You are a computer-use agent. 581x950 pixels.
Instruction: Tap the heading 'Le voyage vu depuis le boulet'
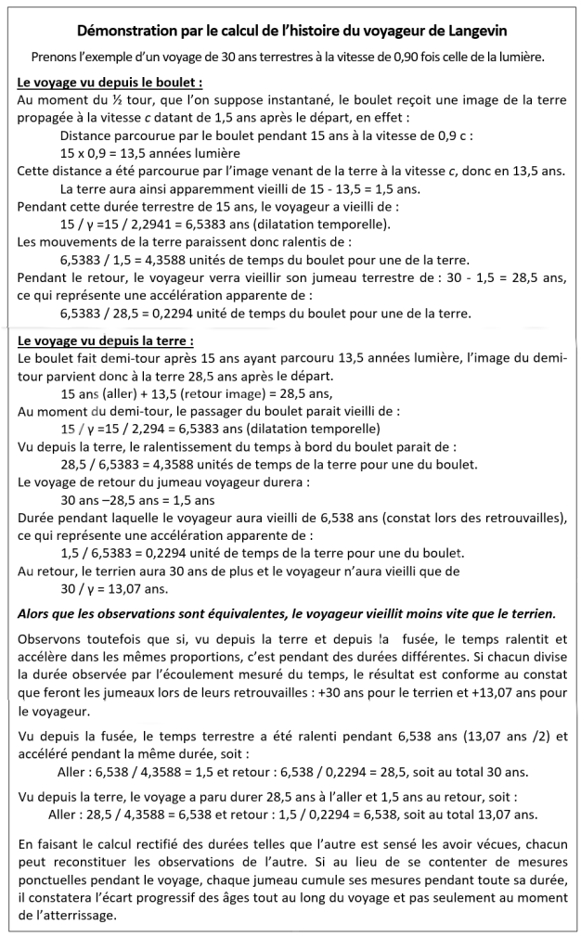[x=110, y=83]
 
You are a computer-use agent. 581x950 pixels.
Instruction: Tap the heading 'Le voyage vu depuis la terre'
[x=106, y=340]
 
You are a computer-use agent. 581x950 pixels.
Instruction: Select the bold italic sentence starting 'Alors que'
[x=288, y=613]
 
